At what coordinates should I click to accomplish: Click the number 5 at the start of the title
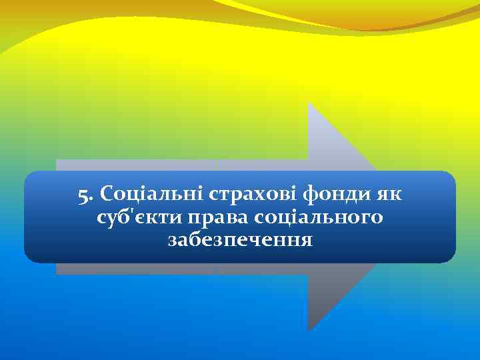click(83, 196)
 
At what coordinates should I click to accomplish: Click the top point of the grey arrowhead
click(309, 104)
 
